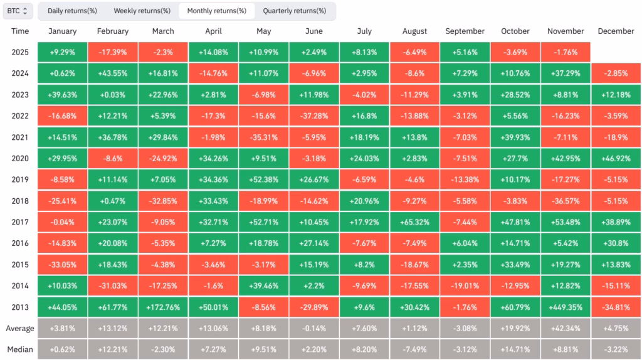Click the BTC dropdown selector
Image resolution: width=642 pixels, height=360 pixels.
tap(18, 11)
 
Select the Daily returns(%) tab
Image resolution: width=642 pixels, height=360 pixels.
tap(72, 11)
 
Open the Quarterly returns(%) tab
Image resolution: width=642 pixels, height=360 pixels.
tap(294, 11)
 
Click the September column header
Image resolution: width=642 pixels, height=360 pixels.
tap(465, 31)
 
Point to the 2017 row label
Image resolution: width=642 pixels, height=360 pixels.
tap(20, 222)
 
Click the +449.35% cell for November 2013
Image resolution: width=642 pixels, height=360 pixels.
tap(566, 307)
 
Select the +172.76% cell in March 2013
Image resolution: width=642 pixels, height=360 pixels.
tap(162, 307)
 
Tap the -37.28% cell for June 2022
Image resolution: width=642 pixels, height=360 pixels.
tap(313, 116)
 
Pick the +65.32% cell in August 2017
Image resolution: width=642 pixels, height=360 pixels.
tap(414, 222)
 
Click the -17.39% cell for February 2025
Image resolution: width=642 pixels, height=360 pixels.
tap(112, 52)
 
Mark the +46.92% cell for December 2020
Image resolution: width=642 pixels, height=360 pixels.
tap(616, 158)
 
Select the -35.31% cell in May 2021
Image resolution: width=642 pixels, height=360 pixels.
tap(263, 137)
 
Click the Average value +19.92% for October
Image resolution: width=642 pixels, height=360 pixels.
tap(515, 328)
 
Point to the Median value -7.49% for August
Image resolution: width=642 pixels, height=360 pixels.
tap(414, 349)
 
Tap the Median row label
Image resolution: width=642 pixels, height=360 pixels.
tap(20, 349)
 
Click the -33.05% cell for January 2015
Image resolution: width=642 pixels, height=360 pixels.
tap(61, 264)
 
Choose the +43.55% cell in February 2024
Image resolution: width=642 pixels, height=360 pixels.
tap(112, 73)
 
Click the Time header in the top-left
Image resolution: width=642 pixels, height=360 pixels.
tap(20, 31)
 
